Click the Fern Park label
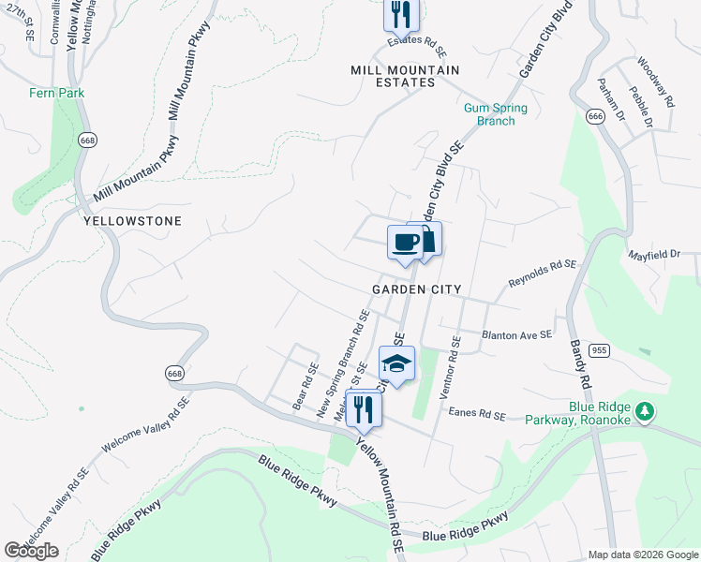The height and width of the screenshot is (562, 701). click(57, 93)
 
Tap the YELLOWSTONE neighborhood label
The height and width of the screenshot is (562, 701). click(132, 221)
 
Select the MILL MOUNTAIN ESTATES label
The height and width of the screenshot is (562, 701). click(405, 76)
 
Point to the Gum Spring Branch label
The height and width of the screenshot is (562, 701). click(496, 114)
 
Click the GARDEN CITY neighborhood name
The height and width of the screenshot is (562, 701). click(416, 289)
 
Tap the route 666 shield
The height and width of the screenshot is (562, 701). click(594, 115)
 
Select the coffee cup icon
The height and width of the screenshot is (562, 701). click(405, 242)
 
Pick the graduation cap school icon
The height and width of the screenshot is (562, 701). click(396, 363)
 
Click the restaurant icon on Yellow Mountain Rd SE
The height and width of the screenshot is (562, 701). click(363, 409)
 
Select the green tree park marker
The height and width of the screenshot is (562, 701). click(644, 411)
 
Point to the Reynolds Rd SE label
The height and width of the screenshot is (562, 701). click(542, 273)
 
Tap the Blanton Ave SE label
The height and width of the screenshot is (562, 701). click(516, 333)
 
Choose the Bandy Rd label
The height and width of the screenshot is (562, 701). click(580, 363)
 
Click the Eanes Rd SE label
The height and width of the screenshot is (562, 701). click(477, 413)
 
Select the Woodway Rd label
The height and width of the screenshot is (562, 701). click(655, 83)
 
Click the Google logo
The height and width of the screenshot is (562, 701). click(31, 551)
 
